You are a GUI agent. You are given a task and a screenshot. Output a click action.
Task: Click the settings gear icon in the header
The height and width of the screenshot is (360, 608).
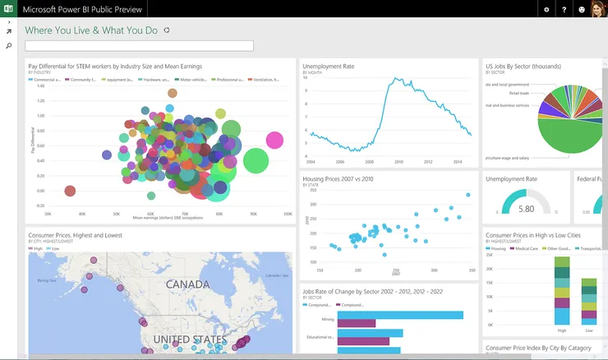(x=546, y=9)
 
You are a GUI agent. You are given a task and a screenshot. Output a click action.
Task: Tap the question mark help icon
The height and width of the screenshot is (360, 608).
(x=564, y=9)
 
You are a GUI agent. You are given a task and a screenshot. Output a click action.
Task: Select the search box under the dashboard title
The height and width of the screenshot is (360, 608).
(x=140, y=46)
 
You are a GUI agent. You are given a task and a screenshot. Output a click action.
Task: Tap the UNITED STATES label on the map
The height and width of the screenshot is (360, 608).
(x=189, y=339)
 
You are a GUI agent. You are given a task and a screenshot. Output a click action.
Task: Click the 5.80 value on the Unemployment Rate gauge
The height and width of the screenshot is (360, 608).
(x=527, y=210)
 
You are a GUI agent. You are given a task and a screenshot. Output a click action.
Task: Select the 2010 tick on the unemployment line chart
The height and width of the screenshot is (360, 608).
(x=398, y=162)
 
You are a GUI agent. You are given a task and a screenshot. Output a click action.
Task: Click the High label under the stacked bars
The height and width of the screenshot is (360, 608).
(x=562, y=330)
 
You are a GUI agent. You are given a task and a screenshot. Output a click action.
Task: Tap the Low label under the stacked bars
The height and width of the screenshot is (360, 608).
(x=588, y=330)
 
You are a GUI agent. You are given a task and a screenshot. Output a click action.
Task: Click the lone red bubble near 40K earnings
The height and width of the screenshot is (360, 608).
(x=70, y=192)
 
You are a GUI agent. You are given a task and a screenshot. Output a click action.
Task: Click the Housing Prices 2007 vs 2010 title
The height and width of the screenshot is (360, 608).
(x=338, y=178)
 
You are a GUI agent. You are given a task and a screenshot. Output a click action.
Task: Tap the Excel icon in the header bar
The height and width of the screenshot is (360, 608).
(x=8, y=9)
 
